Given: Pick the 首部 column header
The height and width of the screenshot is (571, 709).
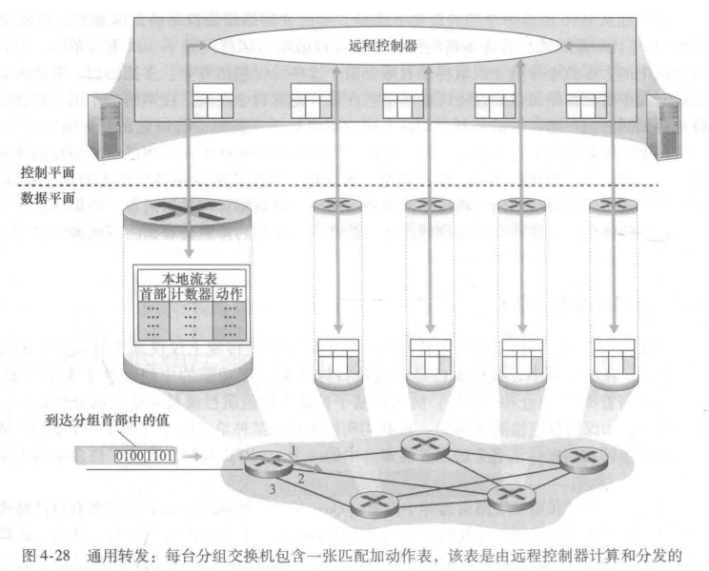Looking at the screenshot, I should click(152, 293).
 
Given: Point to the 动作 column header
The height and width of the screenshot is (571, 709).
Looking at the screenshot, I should click(231, 293).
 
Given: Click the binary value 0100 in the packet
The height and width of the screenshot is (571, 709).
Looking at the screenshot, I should click(129, 455).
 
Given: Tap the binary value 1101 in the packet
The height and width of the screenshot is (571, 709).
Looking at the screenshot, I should click(158, 455).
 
